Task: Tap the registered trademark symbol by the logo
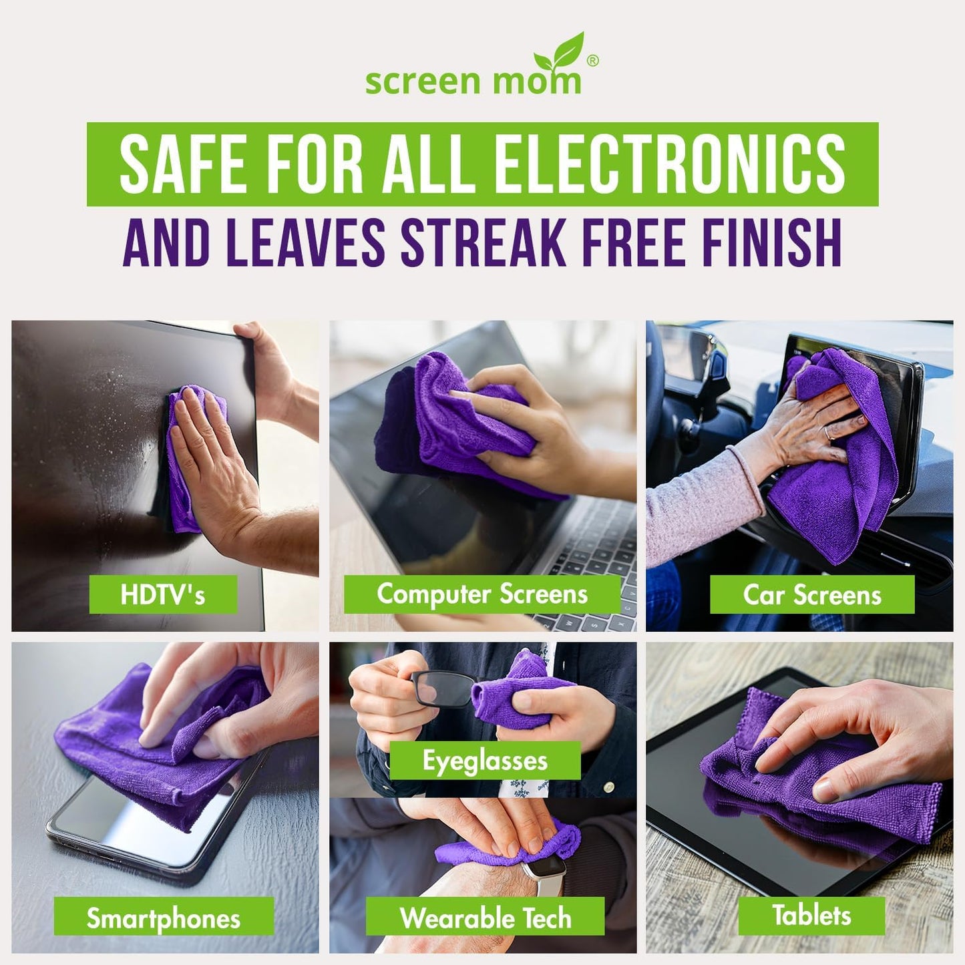[x=592, y=61]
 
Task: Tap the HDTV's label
[x=163, y=594]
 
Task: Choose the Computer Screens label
[x=481, y=594]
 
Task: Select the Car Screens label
[x=811, y=595]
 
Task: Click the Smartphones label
[x=164, y=918]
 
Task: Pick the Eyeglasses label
[x=485, y=761]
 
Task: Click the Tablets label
[x=811, y=915]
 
